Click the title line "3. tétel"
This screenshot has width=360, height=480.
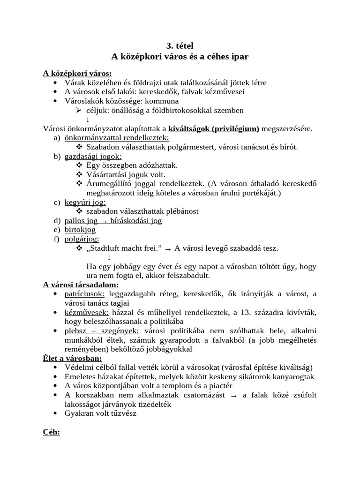(x=180, y=45)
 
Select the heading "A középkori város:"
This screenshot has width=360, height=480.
(x=77, y=73)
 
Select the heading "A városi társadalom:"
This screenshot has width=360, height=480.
(x=81, y=285)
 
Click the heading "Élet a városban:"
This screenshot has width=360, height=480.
(x=72, y=358)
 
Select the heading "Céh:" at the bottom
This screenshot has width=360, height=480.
(x=52, y=432)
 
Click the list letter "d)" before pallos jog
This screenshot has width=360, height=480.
(x=57, y=220)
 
